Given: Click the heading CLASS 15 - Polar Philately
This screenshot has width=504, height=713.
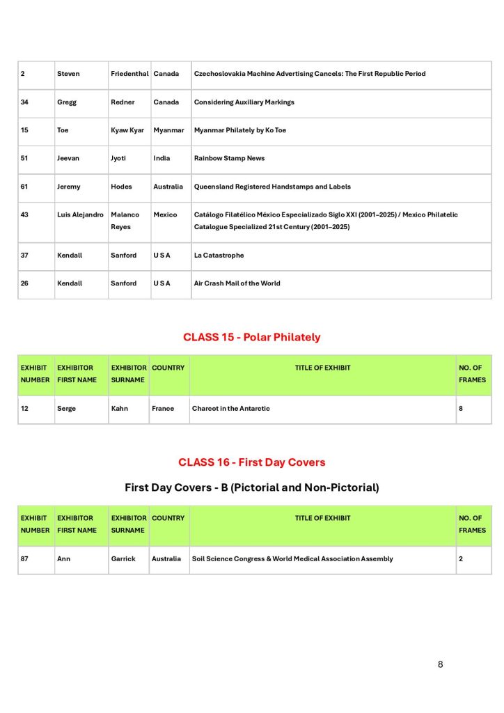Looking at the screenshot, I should pos(251,337).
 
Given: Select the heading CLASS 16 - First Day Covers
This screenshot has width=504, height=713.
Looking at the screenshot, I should pos(251,462).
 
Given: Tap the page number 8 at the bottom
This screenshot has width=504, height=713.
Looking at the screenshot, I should pos(440,664).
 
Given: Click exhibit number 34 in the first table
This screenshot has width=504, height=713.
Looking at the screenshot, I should pos(25,102).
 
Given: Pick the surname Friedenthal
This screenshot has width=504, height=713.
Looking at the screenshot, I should pos(129,74).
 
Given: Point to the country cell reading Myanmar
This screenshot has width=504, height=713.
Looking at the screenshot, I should pos(168,130).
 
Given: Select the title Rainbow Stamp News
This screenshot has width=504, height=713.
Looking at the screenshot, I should pos(229,158).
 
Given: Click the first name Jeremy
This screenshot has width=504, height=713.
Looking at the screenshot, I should pos(69,187).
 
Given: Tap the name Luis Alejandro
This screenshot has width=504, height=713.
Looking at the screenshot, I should pos(80,214).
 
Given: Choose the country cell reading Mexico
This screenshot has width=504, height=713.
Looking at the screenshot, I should pos(165,214).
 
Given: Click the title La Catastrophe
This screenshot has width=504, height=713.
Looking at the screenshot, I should pos(219,256).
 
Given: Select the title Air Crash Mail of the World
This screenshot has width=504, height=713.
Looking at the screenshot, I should pos(237,283).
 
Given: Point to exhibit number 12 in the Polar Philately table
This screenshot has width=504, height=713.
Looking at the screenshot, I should pos(25,409).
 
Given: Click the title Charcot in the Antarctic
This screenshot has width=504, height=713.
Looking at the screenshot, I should pos(230,409).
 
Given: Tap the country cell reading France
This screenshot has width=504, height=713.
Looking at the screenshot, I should pos(163,409).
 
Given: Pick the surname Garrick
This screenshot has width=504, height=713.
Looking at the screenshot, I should pos(123,558).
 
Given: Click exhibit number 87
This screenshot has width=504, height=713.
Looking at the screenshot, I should pos(25,558).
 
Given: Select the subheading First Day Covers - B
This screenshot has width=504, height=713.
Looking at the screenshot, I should pos(251,487).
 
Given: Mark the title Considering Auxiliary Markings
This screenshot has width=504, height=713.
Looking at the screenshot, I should pos(244,102).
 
